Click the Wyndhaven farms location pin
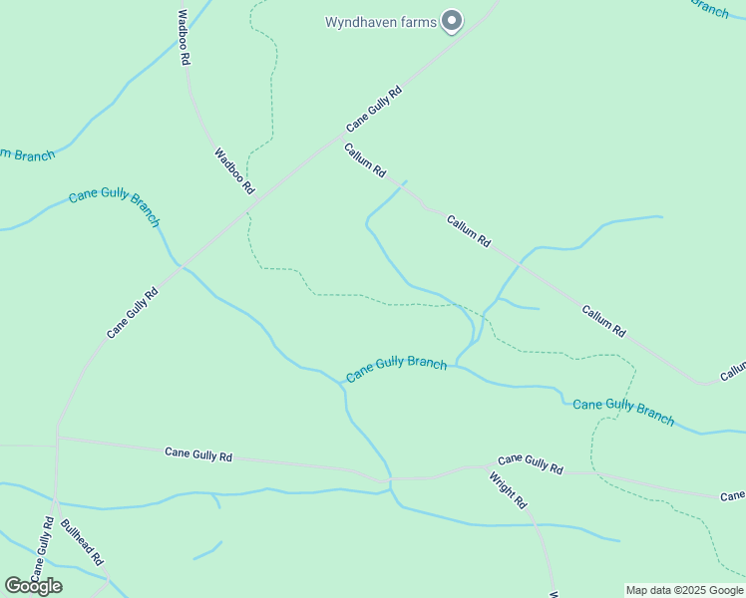pyautogui.click(x=452, y=21)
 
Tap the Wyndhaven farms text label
pyautogui.click(x=380, y=22)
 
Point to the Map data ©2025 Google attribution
pyautogui.click(x=684, y=590)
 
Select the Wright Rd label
pyautogui.click(x=507, y=490)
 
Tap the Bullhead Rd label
pyautogui.click(x=82, y=542)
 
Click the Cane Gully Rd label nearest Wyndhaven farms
pyautogui.click(x=374, y=109)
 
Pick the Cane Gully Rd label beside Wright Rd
pyautogui.click(x=530, y=463)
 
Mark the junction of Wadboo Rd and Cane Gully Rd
pyautogui.click(x=254, y=200)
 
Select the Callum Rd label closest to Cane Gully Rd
pyautogui.click(x=365, y=160)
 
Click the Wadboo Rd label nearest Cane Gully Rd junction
pyautogui.click(x=234, y=170)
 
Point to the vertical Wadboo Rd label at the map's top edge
pyautogui.click(x=184, y=38)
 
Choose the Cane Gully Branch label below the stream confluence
pyautogui.click(x=396, y=369)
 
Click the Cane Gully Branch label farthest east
pyautogui.click(x=624, y=410)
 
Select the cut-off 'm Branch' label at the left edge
pyautogui.click(x=27, y=154)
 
